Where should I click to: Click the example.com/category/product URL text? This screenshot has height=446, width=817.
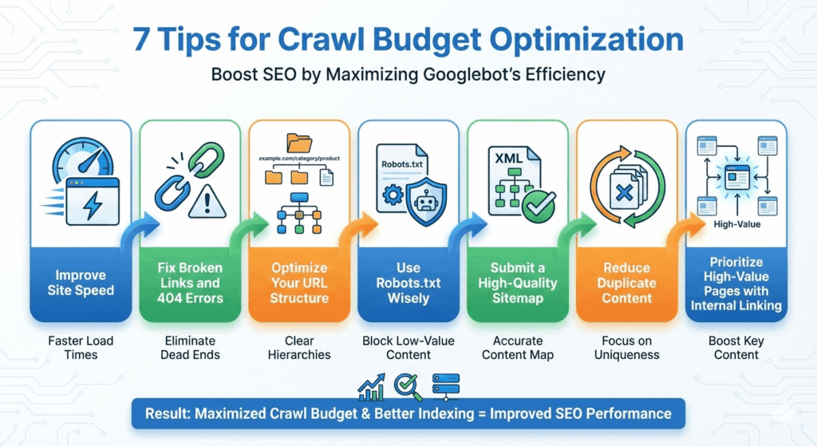[x=299, y=160]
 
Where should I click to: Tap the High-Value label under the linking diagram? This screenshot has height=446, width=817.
[x=735, y=224]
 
